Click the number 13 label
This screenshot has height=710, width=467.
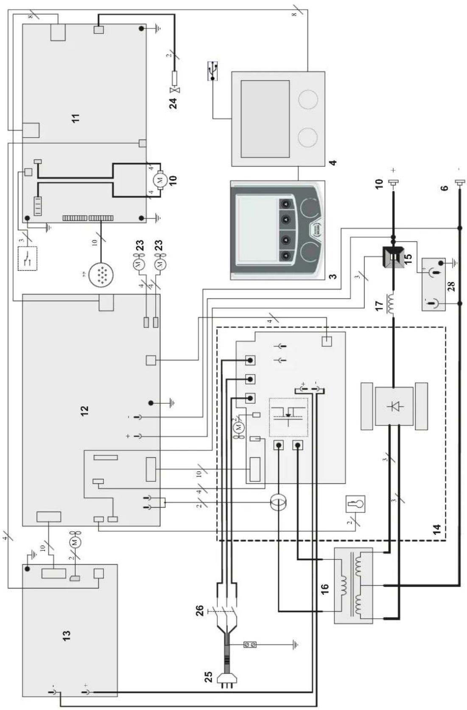coord(66,635)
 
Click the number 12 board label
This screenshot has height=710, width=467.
coord(84,410)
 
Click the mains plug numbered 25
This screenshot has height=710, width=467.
coord(224,679)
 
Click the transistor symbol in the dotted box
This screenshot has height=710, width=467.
coord(288,417)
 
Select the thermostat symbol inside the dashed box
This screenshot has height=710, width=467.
coord(355,505)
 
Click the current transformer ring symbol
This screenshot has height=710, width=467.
coord(279,503)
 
